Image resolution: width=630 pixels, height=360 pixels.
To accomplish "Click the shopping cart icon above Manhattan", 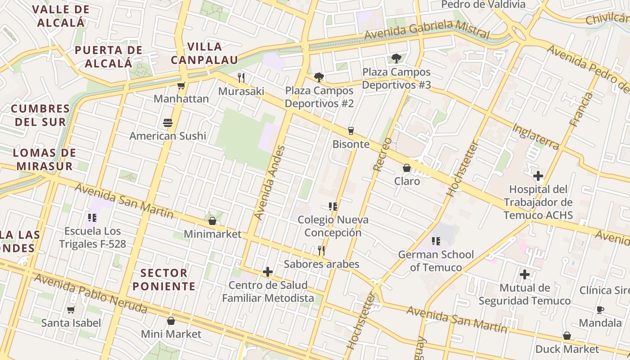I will (181, 85).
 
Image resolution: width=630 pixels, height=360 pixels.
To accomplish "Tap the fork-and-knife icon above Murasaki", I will (241, 78).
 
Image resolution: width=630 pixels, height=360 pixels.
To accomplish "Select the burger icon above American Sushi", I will (168, 123).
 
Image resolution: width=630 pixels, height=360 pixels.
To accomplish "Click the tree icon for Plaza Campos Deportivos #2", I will (319, 77).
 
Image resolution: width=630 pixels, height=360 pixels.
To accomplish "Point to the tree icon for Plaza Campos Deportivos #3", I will (396, 58).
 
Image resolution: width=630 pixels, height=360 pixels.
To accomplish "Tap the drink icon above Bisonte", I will (351, 131).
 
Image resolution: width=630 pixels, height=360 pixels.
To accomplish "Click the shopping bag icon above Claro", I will (407, 168).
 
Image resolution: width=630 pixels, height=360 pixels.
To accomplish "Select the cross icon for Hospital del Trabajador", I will (538, 176).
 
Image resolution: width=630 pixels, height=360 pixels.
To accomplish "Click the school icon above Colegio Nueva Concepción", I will (333, 207).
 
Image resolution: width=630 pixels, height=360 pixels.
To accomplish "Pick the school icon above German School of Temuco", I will (436, 241).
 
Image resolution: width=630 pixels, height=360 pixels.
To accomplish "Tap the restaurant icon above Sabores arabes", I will (321, 250).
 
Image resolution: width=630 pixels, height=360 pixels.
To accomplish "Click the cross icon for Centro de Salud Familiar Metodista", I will (268, 272).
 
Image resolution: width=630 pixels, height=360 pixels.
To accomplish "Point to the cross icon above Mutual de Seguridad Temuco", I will (524, 274).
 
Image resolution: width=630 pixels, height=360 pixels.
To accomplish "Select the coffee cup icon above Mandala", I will (600, 310).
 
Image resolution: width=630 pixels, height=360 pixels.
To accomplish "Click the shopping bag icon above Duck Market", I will (567, 336).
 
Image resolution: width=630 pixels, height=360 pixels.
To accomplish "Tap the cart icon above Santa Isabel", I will (71, 310).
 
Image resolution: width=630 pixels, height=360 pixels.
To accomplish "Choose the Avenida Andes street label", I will (270, 182).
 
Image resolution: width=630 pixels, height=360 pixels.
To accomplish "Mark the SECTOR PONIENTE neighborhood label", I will (164, 279).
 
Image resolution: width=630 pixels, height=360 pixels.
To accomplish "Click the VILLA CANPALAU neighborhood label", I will (204, 53).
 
